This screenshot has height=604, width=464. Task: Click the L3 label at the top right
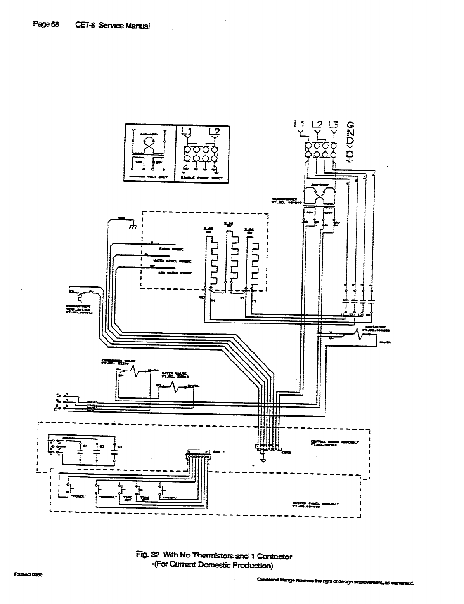tap(333, 125)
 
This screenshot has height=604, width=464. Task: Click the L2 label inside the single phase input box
tap(214, 131)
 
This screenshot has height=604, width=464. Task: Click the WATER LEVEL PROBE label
tap(174, 261)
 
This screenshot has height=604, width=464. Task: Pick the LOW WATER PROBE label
tap(174, 272)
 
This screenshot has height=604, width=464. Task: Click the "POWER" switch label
tap(79, 497)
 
